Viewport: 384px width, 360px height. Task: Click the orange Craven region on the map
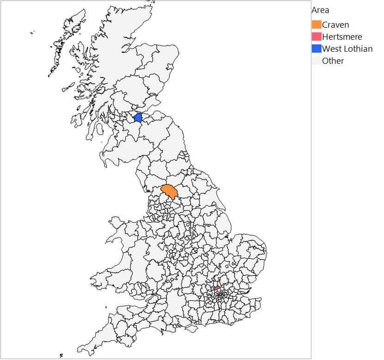click(169, 191)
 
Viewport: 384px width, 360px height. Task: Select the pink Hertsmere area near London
click(217, 288)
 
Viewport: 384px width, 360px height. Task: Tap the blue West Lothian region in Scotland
click(137, 117)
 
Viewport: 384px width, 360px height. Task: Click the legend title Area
click(320, 10)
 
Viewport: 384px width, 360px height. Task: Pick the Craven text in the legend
click(335, 25)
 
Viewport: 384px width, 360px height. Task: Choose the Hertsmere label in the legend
click(342, 37)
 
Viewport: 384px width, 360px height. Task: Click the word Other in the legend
click(333, 61)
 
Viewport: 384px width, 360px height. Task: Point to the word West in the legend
click(331, 49)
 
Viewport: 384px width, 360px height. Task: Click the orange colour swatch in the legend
click(316, 25)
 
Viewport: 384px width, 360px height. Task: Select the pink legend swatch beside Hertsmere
click(316, 37)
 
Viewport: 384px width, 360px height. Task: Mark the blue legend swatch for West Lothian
click(316, 49)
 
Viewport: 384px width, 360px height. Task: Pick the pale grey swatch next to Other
click(316, 61)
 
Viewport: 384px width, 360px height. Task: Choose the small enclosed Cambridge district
click(227, 266)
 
